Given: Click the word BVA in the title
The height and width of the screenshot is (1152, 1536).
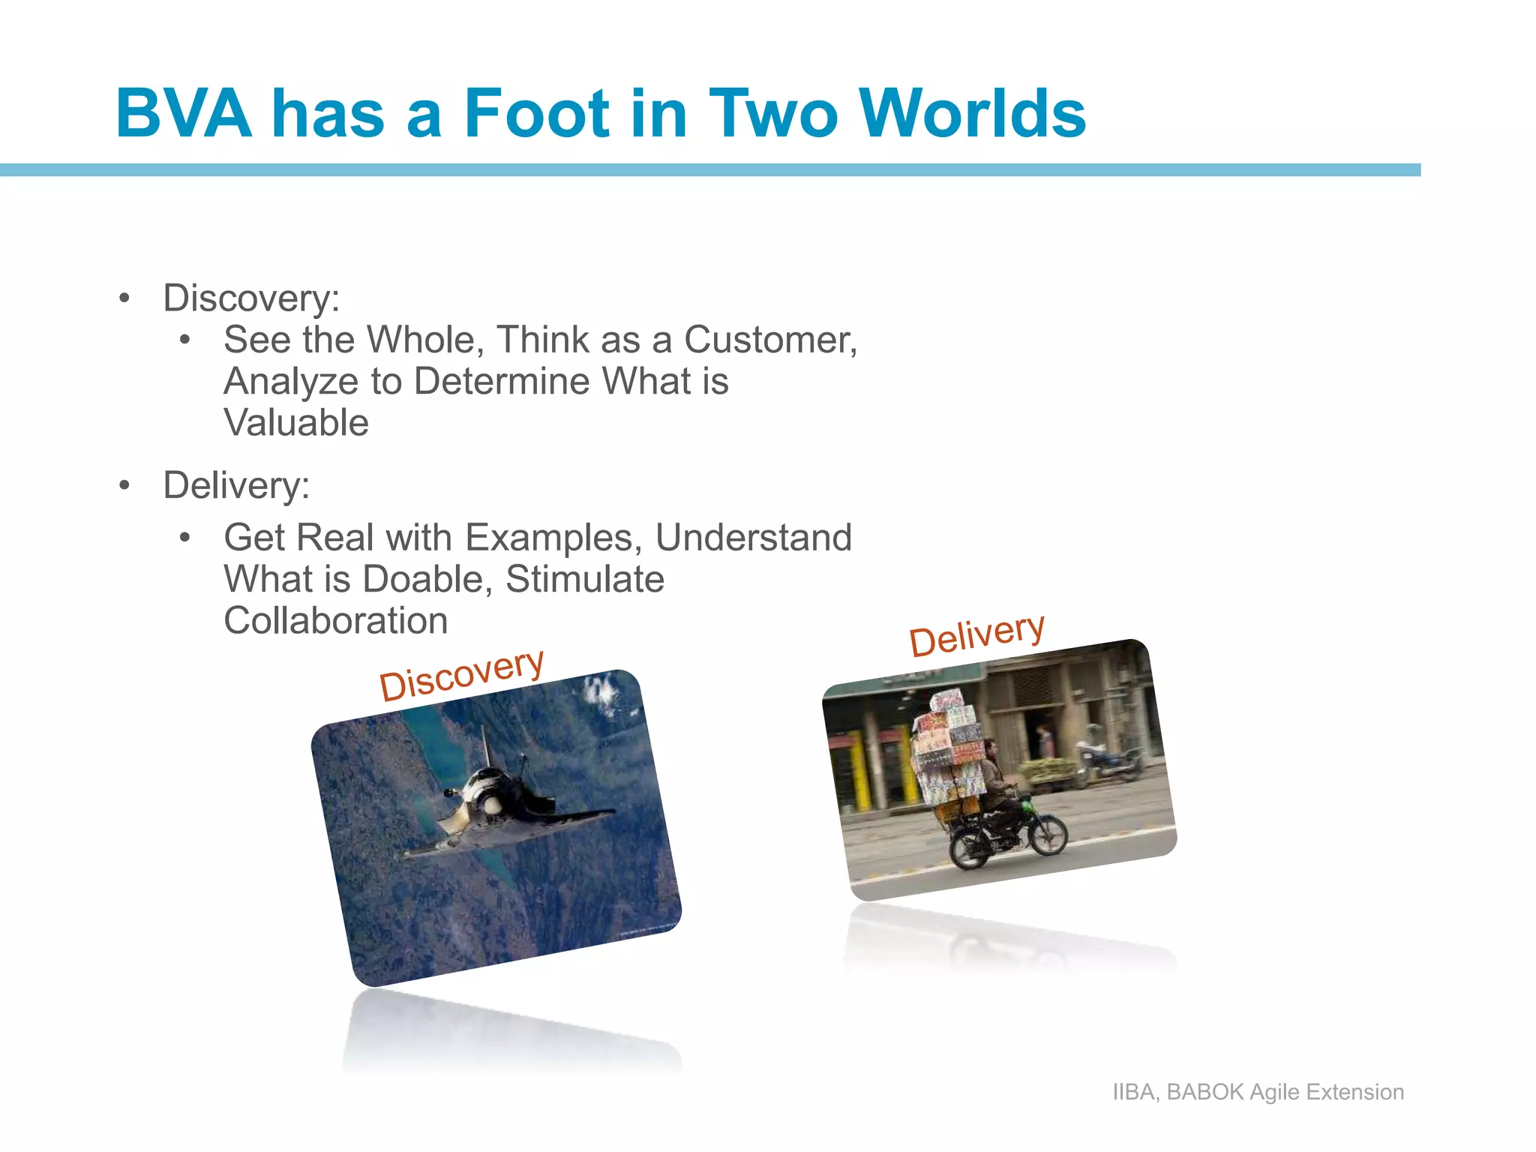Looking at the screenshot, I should pyautogui.click(x=184, y=114).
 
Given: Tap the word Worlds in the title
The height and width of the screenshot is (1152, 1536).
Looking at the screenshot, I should pyautogui.click(x=972, y=114).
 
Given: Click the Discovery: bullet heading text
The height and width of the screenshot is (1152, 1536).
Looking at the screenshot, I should pyautogui.click(x=251, y=298).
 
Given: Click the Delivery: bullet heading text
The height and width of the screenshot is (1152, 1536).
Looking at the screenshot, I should pyautogui.click(x=236, y=485).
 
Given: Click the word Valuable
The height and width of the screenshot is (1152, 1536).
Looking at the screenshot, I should pyautogui.click(x=296, y=423).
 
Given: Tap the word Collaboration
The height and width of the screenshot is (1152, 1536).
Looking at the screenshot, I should pyautogui.click(x=335, y=621).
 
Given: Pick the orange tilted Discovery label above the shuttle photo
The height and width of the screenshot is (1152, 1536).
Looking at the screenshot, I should pyautogui.click(x=460, y=674).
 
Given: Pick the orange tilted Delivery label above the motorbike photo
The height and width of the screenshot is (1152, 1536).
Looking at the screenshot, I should pyautogui.click(x=976, y=634).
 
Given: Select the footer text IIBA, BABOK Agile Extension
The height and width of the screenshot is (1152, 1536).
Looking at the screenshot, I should pyautogui.click(x=1258, y=1092).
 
